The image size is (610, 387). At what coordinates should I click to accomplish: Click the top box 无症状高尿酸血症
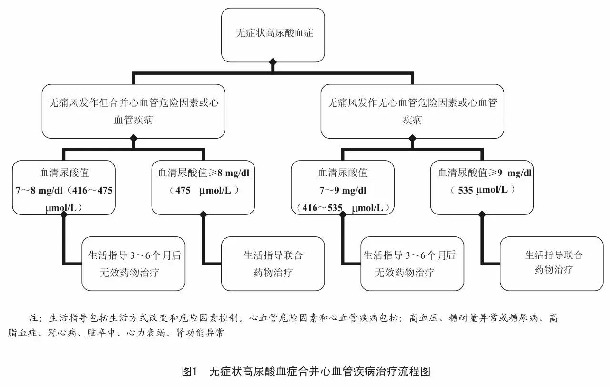[273, 34]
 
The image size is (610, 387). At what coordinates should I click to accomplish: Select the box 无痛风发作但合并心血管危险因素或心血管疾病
[133, 111]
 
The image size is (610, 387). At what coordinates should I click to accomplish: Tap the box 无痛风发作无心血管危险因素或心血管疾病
[412, 111]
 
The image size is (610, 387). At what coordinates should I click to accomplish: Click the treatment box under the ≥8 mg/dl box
[273, 264]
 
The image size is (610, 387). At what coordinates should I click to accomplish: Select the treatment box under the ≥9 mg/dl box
[552, 264]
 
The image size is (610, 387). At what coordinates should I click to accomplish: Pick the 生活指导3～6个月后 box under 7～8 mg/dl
[133, 264]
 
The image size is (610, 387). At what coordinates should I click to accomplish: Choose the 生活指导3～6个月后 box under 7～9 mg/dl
[412, 264]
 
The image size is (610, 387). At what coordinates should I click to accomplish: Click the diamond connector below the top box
[273, 62]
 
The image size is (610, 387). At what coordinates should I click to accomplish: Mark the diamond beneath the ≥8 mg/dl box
[203, 214]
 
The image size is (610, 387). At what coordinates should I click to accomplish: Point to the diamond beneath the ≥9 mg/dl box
[482, 214]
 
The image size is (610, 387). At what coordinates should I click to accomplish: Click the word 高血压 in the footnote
[423, 318]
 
